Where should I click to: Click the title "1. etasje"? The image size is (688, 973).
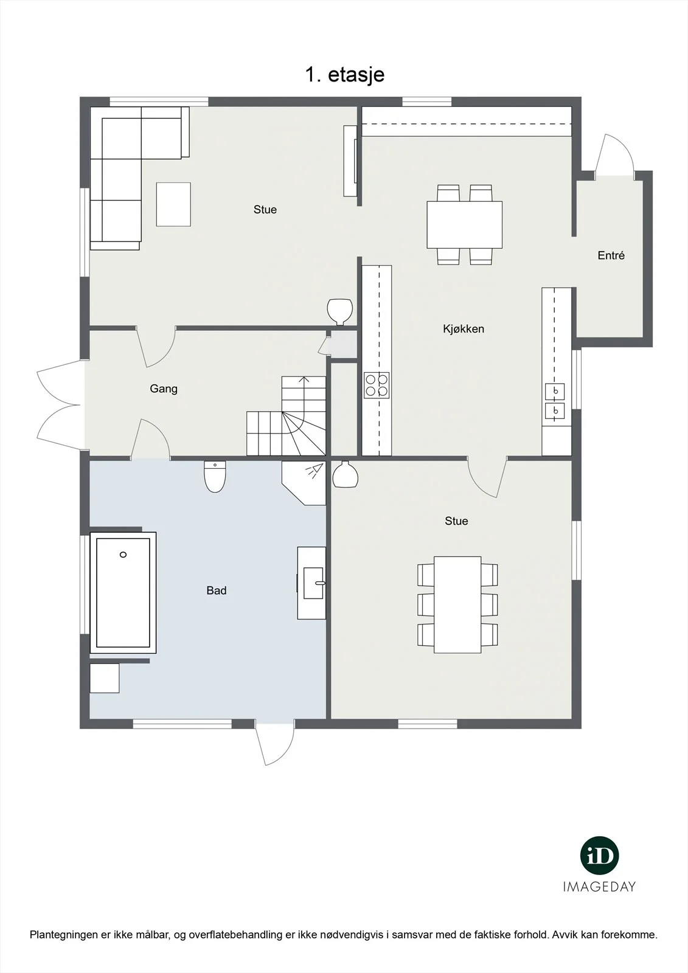[345, 75]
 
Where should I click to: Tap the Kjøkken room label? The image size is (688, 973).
[464, 329]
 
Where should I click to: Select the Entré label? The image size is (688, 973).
[611, 255]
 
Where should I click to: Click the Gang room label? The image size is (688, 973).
[164, 389]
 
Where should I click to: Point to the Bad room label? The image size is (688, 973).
[217, 590]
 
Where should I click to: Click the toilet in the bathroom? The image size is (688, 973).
[215, 476]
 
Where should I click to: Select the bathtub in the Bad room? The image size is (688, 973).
[123, 592]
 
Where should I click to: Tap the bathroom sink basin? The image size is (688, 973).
[313, 583]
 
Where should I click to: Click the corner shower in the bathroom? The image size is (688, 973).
[304, 483]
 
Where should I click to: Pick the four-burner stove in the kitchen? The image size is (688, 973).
[377, 386]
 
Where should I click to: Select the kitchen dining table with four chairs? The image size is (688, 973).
[465, 224]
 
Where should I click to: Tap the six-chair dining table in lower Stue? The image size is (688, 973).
[457, 604]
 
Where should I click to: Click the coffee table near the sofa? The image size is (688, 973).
[173, 204]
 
